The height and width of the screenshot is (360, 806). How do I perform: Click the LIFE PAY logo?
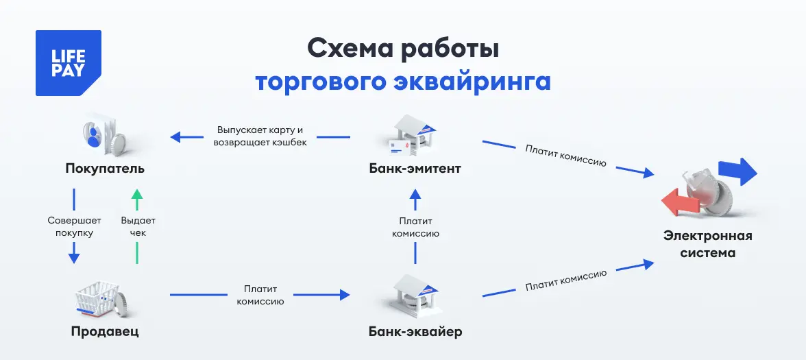click(68, 63)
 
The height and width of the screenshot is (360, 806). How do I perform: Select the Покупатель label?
click(106, 168)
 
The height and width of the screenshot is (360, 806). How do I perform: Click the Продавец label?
click(105, 332)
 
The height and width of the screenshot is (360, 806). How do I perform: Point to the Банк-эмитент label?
click(415, 168)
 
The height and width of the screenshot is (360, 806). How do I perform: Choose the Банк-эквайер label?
click(415, 332)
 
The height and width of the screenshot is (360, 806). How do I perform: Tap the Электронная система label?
click(707, 244)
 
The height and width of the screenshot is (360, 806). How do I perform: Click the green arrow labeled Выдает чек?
click(137, 226)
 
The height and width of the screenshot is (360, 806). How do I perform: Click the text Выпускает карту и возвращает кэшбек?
click(260, 136)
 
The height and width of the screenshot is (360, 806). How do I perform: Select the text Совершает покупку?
click(74, 226)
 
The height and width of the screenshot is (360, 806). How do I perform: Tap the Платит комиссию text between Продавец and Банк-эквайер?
click(260, 295)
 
